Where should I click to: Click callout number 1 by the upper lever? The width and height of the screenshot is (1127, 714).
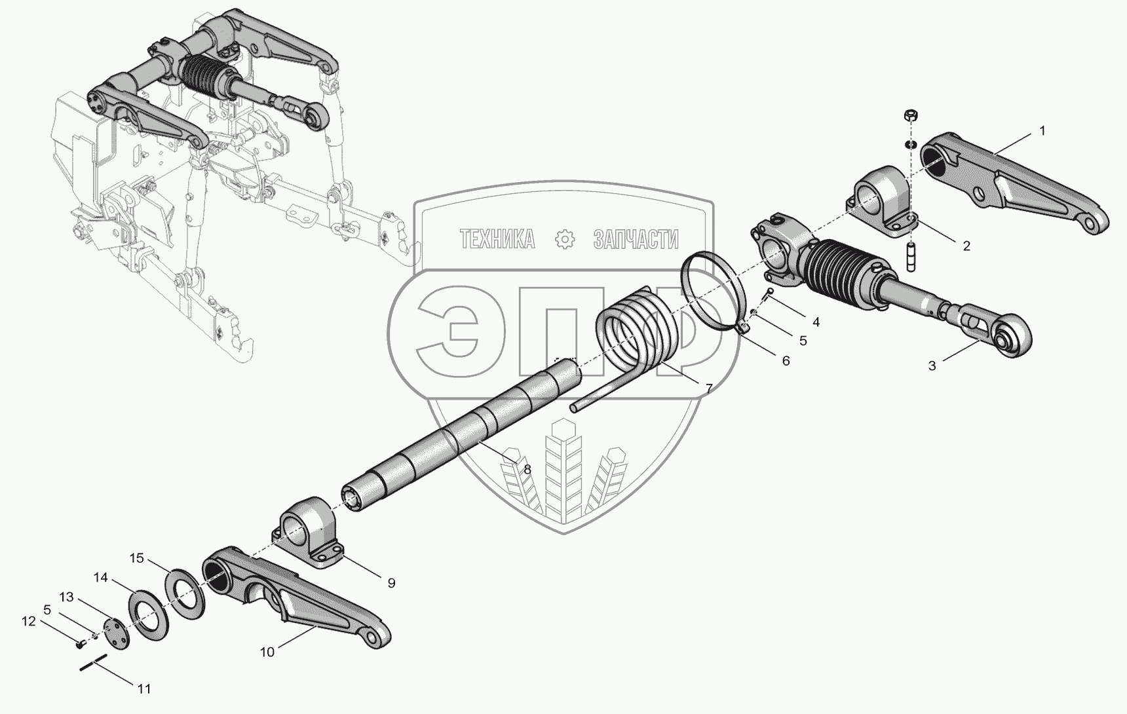pyautogui.click(x=1042, y=131)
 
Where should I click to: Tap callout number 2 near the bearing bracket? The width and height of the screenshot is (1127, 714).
pyautogui.click(x=966, y=246)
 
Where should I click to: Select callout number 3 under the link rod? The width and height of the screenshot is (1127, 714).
pyautogui.click(x=932, y=366)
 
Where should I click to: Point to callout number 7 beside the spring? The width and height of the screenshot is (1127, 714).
pyautogui.click(x=708, y=388)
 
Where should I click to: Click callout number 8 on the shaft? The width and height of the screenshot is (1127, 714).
pyautogui.click(x=527, y=469)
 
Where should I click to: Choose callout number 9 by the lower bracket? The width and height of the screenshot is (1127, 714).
pyautogui.click(x=391, y=582)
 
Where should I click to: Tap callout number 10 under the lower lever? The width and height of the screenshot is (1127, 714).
pyautogui.click(x=267, y=652)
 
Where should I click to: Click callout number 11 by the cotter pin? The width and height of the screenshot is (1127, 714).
pyautogui.click(x=144, y=688)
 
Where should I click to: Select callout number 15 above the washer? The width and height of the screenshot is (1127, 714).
pyautogui.click(x=136, y=558)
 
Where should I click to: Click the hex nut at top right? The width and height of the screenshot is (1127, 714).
pyautogui.click(x=909, y=115)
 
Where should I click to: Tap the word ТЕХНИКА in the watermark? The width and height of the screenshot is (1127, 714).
pyautogui.click(x=497, y=240)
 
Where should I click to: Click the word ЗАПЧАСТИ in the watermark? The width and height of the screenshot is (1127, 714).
pyautogui.click(x=636, y=240)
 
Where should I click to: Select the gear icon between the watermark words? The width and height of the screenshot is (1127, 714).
pyautogui.click(x=564, y=240)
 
